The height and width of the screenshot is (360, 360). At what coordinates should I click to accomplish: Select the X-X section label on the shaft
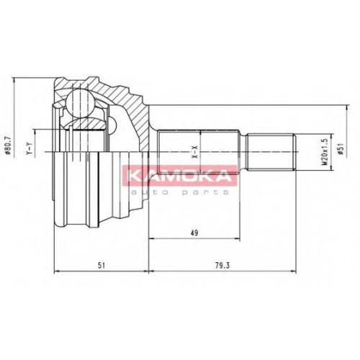[x=195, y=152]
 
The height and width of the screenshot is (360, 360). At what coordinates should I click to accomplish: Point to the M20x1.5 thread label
[x=325, y=153]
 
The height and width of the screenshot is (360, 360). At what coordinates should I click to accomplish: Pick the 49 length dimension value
[x=195, y=233]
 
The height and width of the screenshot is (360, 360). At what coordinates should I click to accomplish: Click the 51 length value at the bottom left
[x=102, y=266]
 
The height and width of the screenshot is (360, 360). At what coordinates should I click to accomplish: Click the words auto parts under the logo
[x=179, y=192]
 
